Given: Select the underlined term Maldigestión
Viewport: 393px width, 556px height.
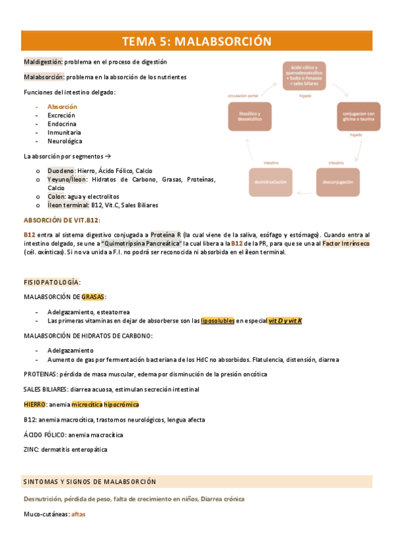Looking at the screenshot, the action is point(43,62).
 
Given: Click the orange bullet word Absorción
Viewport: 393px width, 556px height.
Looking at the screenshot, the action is point(62,107).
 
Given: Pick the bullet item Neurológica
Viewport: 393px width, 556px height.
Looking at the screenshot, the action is point(65,141).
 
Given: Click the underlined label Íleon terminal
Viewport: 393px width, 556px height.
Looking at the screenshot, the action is point(69,205).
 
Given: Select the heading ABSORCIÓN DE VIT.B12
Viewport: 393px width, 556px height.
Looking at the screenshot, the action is point(62,220).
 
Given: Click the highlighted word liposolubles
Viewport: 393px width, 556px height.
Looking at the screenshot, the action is point(217,321).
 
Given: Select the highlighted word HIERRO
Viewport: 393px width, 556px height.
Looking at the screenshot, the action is point(34,405).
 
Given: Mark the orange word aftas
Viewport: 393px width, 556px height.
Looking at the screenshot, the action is point(79,514).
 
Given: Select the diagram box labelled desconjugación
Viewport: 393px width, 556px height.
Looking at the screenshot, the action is point(339,182).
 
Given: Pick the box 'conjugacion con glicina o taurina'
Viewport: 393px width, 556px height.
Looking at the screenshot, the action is point(358,117).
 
